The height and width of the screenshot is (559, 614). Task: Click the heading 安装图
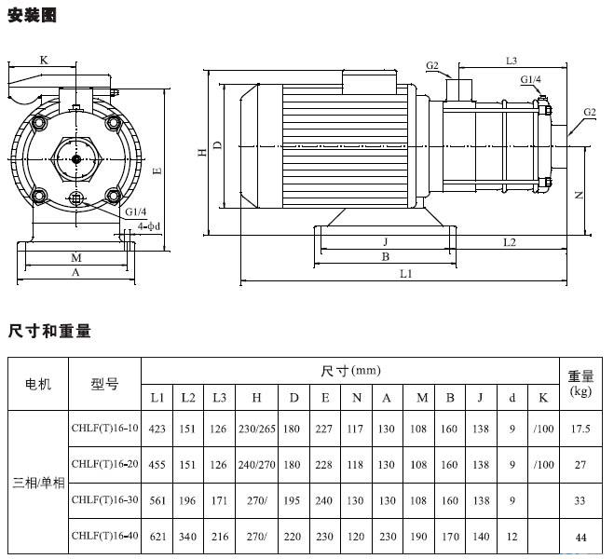[33, 15]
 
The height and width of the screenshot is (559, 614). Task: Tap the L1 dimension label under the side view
[406, 273]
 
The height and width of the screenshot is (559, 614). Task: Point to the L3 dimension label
[512, 61]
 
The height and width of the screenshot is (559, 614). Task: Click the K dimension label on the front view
[44, 60]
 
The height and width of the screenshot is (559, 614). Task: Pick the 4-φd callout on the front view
[148, 225]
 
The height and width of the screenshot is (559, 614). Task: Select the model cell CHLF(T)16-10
[104, 429]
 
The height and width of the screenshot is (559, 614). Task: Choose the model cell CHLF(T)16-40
[104, 535]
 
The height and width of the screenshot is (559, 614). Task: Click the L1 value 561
[157, 499]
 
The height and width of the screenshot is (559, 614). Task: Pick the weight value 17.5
[580, 429]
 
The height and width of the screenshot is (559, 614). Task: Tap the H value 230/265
[255, 429]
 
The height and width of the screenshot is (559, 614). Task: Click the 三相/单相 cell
[38, 483]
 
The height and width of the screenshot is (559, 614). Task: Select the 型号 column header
[104, 383]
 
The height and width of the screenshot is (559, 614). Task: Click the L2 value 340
[188, 535]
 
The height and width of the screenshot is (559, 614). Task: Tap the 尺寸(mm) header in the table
[350, 371]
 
